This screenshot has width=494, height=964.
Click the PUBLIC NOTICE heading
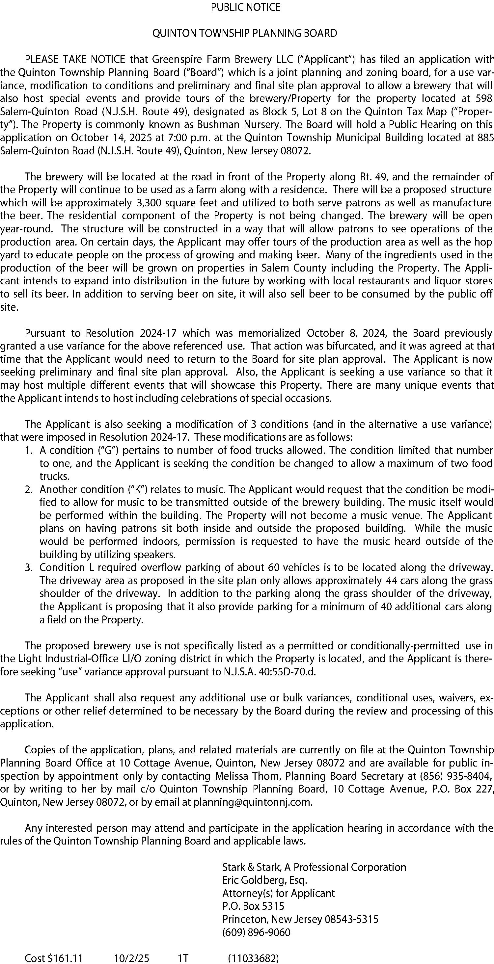246,8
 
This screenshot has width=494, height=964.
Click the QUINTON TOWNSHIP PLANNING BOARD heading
245,34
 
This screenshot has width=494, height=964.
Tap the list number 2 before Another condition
28,489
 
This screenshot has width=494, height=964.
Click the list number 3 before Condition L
28,568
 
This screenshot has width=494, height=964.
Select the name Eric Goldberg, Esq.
264,880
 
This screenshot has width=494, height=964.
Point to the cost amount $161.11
65,955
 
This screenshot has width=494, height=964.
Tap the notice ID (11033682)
253,955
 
